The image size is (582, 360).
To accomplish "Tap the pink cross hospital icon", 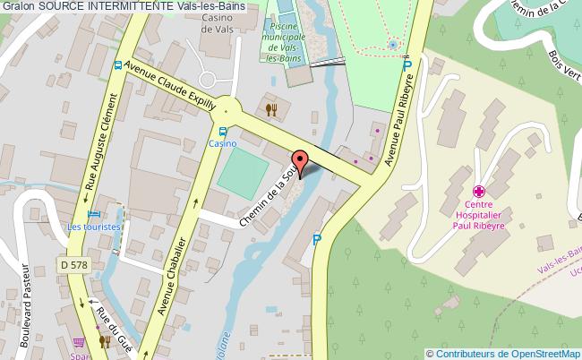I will click(479, 191).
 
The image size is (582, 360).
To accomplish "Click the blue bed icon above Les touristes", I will click(94, 215).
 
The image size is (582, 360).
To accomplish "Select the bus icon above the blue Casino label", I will click(223, 131).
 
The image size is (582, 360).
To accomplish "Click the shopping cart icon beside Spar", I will click(80, 341).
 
